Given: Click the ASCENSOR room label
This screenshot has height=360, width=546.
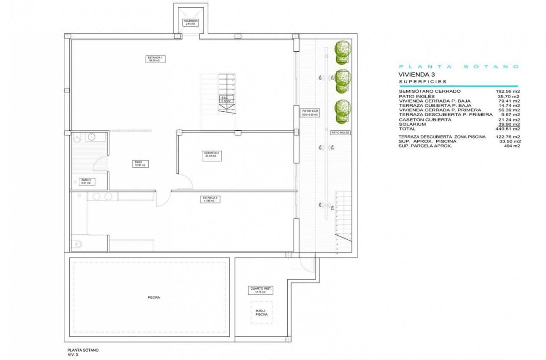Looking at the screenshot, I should (190, 22).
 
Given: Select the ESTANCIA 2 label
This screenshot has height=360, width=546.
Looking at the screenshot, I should (211, 154).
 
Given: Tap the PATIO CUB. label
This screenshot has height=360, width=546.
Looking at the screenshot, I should (310, 113).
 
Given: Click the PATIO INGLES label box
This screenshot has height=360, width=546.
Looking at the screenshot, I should (340, 133).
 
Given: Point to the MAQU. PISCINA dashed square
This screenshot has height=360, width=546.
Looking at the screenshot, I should (262, 313).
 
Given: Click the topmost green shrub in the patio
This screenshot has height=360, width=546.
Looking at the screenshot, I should (342, 48).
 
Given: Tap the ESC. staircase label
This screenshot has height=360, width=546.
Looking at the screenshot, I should (225, 100).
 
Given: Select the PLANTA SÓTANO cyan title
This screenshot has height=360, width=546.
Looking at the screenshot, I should (459, 66).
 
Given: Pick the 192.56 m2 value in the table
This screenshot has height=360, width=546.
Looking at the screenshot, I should (508, 91).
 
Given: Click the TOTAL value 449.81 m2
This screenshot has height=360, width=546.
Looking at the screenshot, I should (508, 129).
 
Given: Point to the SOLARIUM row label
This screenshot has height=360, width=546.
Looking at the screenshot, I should (412, 124).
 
